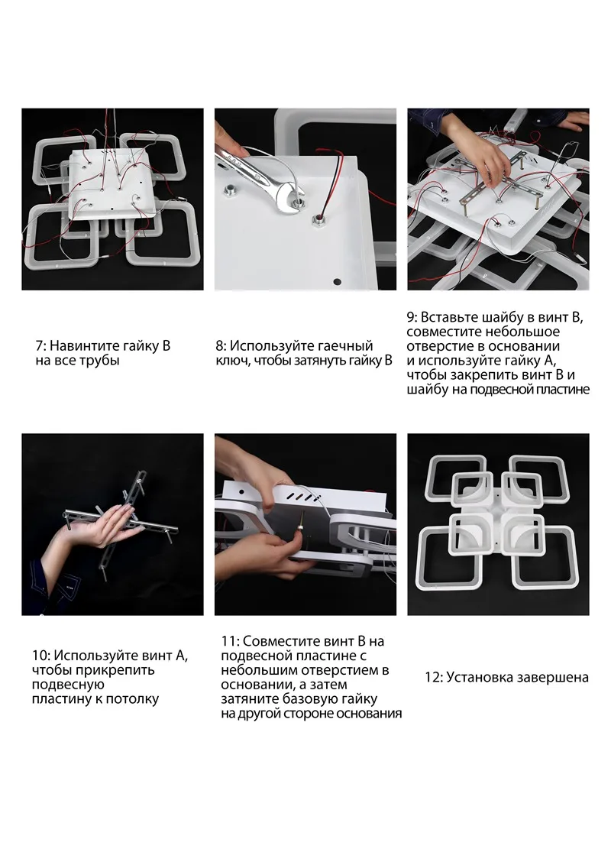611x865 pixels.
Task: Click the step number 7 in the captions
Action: coord(40,346)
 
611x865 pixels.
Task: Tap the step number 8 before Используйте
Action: coord(219,346)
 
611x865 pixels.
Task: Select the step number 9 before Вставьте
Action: coord(412,318)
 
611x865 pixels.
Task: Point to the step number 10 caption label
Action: coord(40,656)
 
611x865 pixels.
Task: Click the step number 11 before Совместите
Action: coord(229,642)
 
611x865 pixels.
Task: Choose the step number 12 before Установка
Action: coord(432,678)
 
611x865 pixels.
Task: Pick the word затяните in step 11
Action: coord(250,699)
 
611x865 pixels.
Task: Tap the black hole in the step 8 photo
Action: coord(337,282)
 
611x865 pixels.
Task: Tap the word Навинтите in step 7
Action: coord(81,347)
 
